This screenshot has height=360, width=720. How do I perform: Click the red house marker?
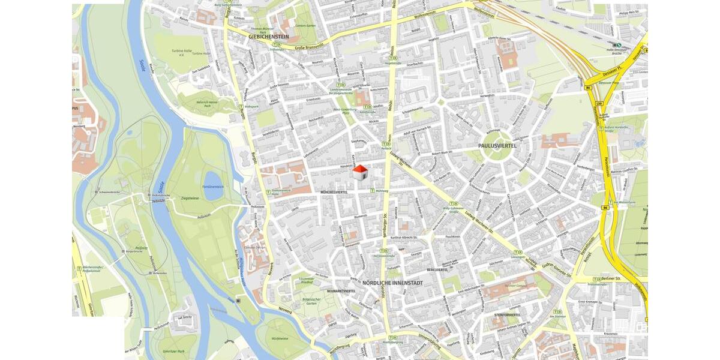(359, 173)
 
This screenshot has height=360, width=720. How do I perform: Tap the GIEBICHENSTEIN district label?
(268, 37)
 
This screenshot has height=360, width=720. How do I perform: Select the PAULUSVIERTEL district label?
(497, 146)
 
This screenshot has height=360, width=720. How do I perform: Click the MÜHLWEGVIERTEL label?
(335, 192)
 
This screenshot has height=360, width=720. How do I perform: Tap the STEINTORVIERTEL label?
(507, 314)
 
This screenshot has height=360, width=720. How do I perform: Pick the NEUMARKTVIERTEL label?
(341, 291)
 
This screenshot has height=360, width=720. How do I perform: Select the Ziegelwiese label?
(189, 197)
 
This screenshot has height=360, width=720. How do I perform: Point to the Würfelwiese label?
(280, 338)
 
